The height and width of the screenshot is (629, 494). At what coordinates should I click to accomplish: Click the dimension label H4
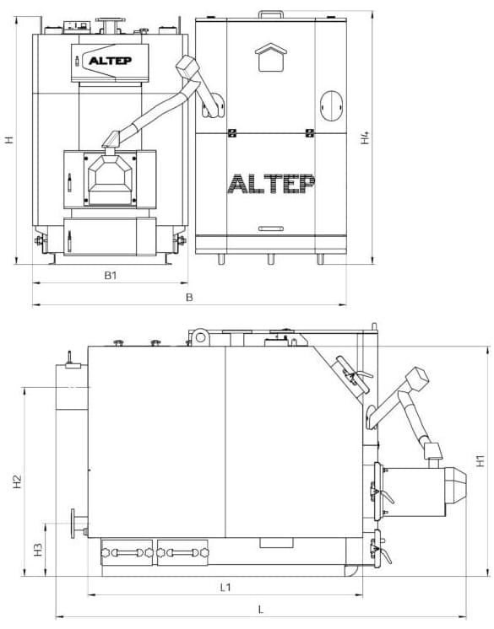tap(365, 138)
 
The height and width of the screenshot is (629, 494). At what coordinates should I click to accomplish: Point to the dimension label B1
tap(111, 276)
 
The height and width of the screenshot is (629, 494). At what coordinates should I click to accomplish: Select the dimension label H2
tap(17, 481)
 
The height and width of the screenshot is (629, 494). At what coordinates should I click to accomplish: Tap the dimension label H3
tap(38, 549)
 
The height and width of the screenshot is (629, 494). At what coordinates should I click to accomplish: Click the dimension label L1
tap(225, 588)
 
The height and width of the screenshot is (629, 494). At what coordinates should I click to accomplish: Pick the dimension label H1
tap(480, 460)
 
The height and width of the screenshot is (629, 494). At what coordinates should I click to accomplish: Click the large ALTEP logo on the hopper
tap(271, 184)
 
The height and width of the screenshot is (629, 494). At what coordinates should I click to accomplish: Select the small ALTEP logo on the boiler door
tap(110, 61)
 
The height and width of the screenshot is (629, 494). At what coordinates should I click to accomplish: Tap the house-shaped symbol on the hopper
tap(271, 57)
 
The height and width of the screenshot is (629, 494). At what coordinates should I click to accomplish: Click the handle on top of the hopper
tap(271, 14)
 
